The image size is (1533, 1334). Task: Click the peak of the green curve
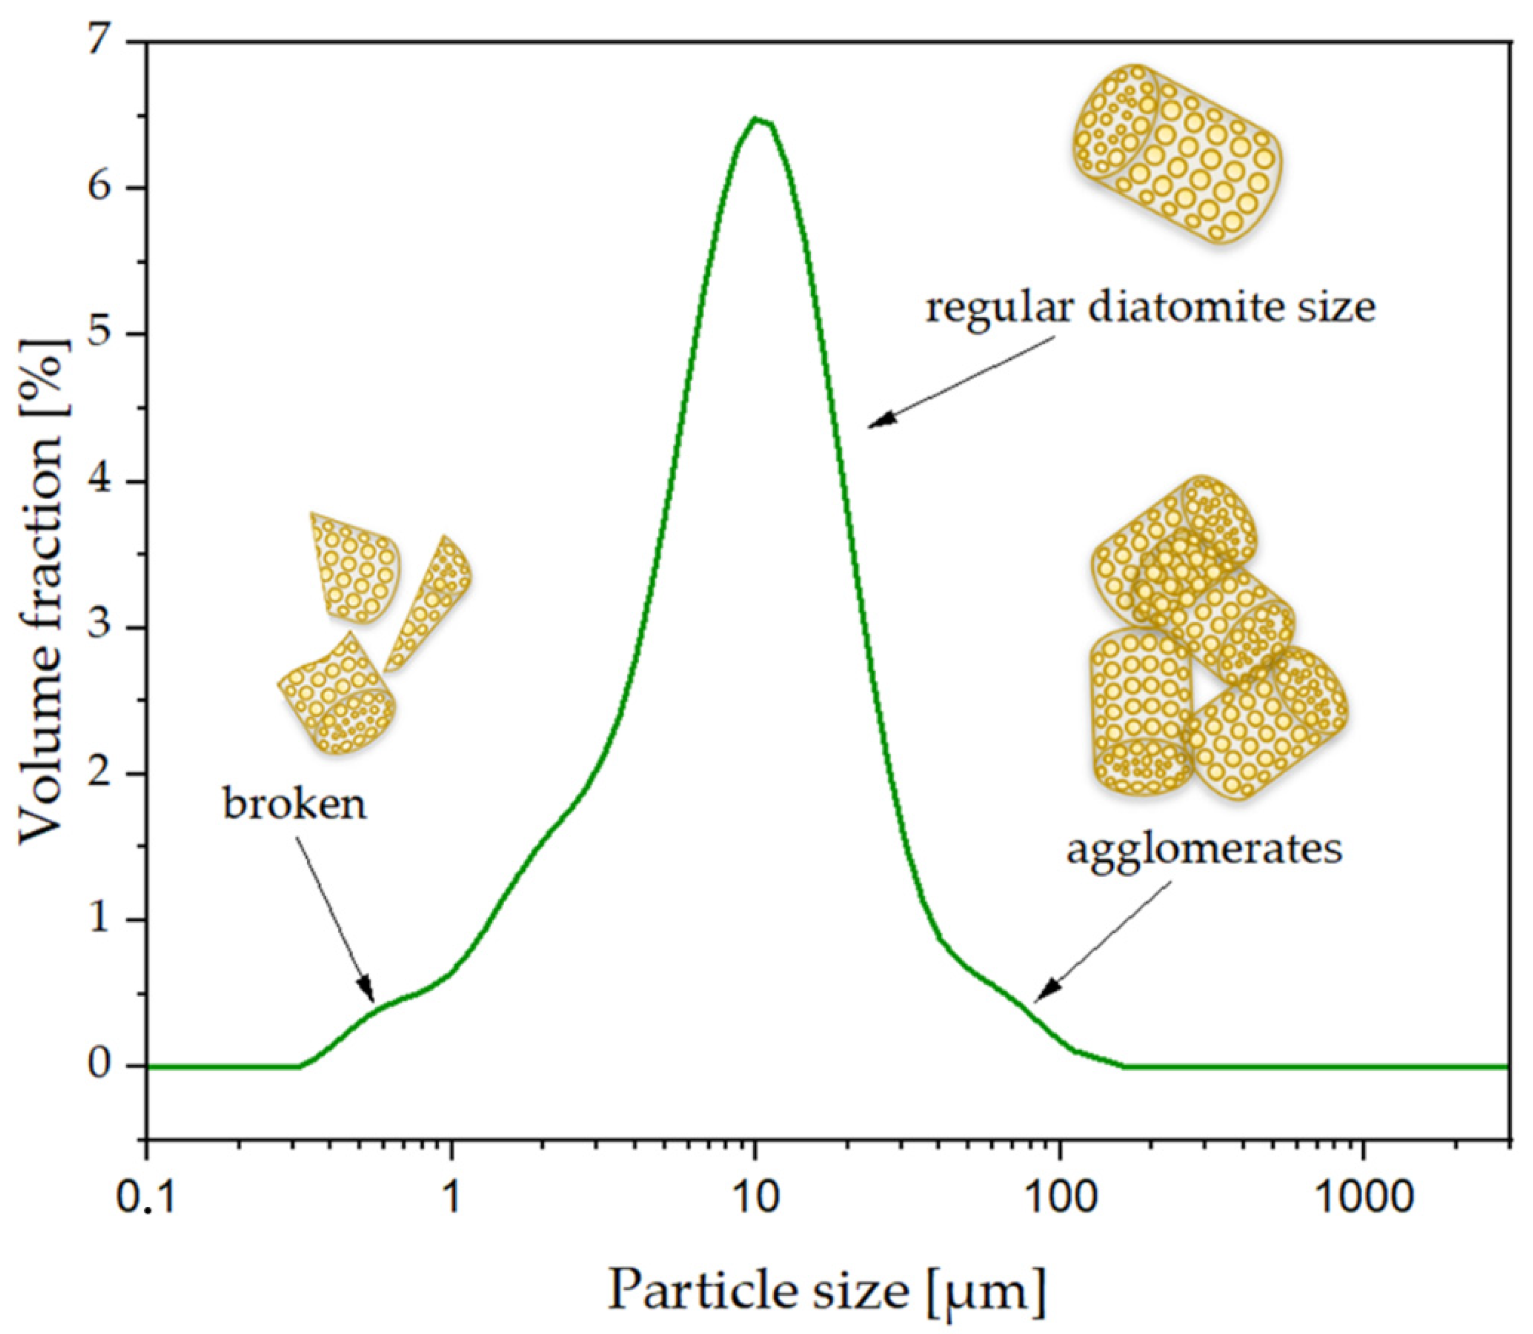755,119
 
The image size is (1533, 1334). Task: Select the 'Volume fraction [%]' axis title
43,592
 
